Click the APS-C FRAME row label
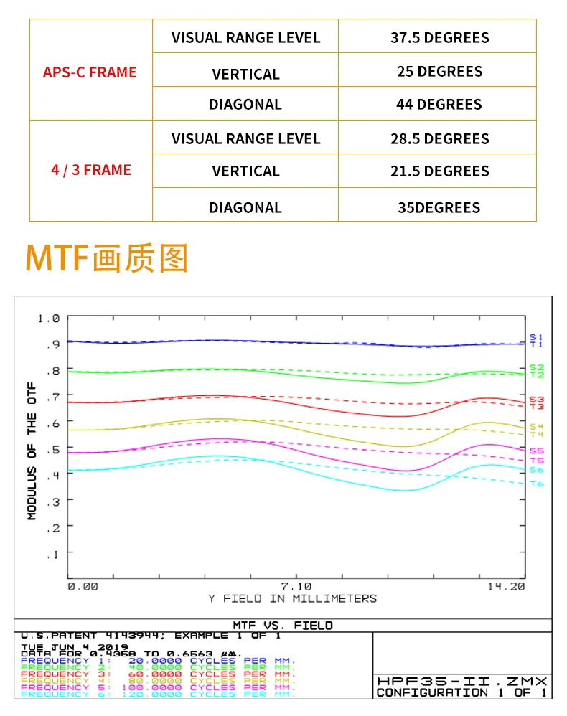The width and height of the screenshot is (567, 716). coord(90,72)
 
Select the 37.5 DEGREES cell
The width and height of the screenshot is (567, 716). coord(439,37)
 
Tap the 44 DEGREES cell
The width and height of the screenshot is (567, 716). coord(439,104)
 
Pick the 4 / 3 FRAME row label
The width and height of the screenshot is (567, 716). coord(91,170)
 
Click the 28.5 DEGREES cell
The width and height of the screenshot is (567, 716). coord(439,138)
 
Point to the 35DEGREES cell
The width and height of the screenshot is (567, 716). coord(439,207)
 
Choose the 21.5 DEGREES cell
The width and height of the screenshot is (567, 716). coord(439,171)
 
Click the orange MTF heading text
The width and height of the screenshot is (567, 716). coord(106,258)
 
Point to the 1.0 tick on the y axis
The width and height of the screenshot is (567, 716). coord(50,318)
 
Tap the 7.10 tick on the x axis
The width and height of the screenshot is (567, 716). coord(296,585)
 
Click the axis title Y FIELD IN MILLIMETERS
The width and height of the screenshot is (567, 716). coord(292,598)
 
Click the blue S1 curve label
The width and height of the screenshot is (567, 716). coord(536,336)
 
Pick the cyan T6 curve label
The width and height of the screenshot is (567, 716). coord(537,484)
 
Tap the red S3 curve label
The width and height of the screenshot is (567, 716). coord(537,399)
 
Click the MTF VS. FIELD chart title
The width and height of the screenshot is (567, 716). coord(283,625)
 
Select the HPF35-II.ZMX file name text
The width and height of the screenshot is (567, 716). coord(463,680)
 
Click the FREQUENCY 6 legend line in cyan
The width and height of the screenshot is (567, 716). coord(158,694)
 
